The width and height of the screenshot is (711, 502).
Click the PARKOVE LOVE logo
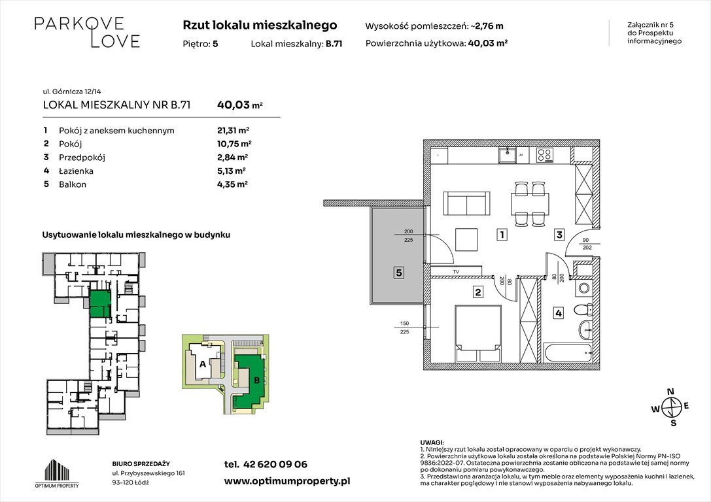[87, 32]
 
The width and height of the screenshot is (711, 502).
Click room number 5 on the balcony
[399, 273]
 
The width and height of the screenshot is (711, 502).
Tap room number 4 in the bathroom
[558, 313]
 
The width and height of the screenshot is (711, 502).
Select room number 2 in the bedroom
[478, 292]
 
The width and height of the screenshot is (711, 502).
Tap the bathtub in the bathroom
[569, 353]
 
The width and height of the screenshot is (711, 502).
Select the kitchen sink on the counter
[508, 155]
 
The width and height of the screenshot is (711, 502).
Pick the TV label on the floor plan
[456, 271]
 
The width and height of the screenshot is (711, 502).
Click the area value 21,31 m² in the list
[232, 130]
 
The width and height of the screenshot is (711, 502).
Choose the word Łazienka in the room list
[77, 171]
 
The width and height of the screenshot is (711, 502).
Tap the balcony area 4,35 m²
[232, 184]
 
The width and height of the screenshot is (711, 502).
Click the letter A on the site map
[203, 363]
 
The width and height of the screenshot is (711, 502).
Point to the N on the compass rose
[670, 392]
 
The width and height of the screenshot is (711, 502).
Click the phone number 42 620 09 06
[275, 464]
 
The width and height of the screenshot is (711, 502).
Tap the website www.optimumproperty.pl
[287, 480]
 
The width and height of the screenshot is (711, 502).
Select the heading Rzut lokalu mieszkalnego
[260, 25]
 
